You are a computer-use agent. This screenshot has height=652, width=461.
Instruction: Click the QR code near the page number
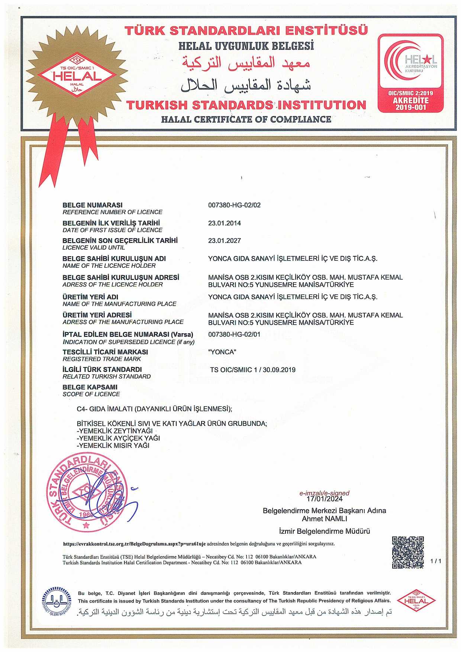coord(408,552)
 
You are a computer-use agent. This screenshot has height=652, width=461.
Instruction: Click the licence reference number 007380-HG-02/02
coord(234,205)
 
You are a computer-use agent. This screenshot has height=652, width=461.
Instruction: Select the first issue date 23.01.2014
coord(224,223)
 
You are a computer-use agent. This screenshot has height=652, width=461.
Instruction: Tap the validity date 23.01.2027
coord(224,241)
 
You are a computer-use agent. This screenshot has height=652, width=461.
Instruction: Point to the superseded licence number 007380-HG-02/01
coord(234,334)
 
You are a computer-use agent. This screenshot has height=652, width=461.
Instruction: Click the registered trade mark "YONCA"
coord(222,352)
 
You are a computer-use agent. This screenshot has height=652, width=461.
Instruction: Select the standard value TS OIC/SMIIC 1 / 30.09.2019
coord(252,370)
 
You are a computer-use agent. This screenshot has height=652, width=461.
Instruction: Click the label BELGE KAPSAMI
coord(90,387)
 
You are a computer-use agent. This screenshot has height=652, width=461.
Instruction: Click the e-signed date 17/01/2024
coord(325,499)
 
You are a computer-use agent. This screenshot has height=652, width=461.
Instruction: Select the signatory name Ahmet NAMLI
coord(324,518)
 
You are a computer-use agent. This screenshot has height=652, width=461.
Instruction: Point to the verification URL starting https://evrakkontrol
coord(134,544)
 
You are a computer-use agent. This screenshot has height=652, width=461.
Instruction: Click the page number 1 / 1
coord(435,561)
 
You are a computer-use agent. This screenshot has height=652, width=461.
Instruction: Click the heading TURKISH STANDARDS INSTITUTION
coord(246,105)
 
